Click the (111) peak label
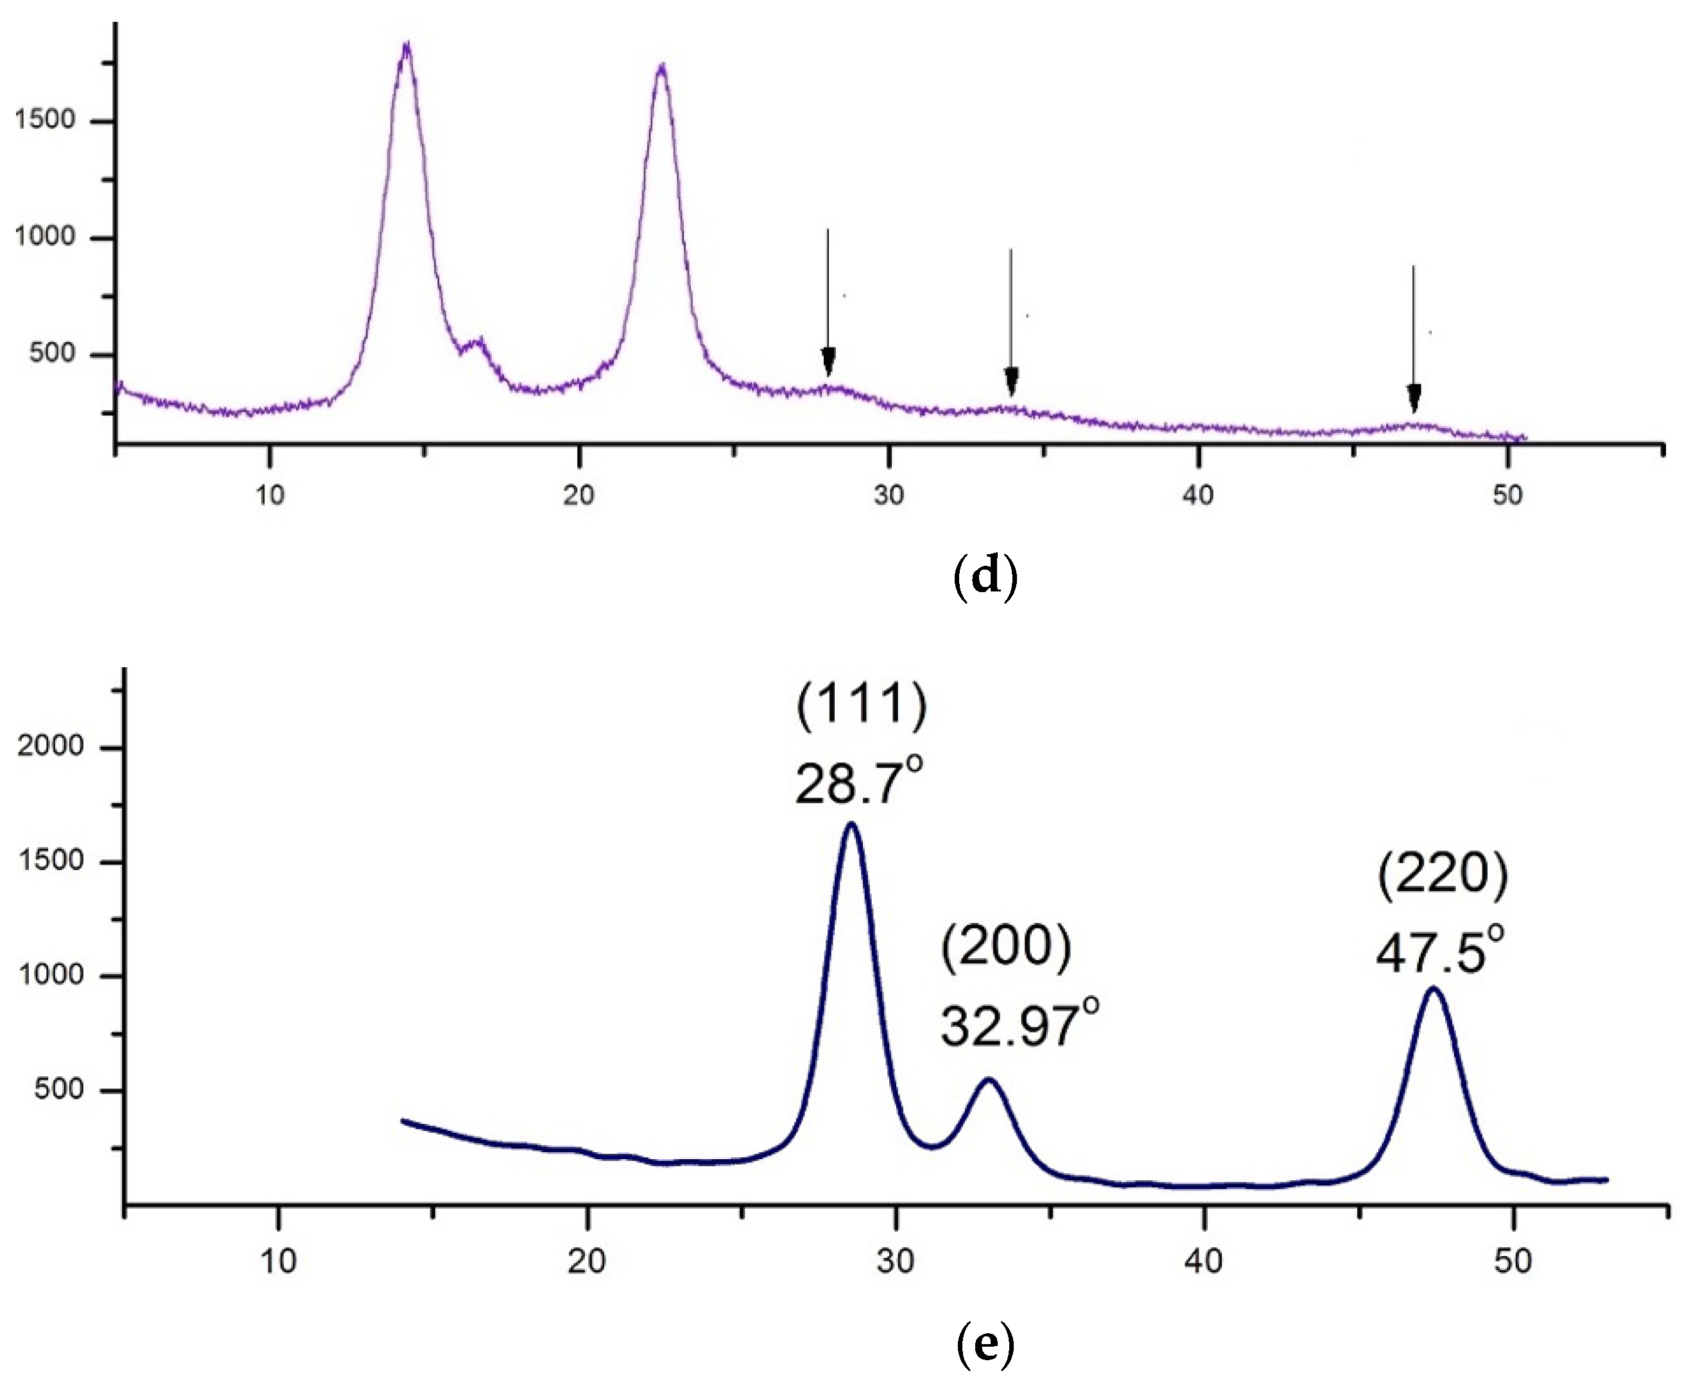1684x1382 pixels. click(862, 704)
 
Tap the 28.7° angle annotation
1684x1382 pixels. click(858, 783)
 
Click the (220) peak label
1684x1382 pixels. click(1442, 875)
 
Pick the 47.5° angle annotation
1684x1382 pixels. click(1439, 952)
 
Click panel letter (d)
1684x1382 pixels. click(985, 575)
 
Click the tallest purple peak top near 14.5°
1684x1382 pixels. click(406, 46)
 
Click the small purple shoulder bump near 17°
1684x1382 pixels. click(478, 342)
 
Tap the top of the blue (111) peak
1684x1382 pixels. click(851, 825)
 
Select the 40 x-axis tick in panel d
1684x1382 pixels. click(1198, 495)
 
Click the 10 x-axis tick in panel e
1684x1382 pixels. click(278, 1261)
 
